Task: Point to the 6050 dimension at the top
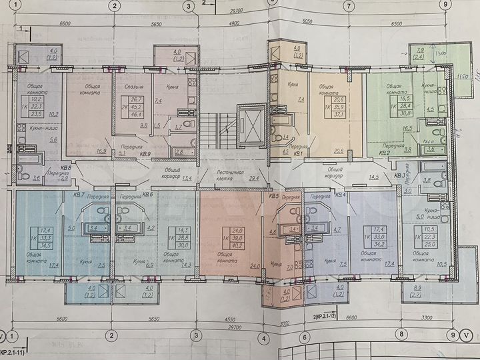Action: click(307, 22)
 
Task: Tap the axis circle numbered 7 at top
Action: click(348, 6)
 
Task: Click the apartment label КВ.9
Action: click(145, 153)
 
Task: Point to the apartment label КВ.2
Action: click(385, 153)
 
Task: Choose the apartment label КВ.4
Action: click(339, 195)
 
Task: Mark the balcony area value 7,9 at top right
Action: click(419, 50)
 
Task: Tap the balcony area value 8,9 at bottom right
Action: click(419, 287)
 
